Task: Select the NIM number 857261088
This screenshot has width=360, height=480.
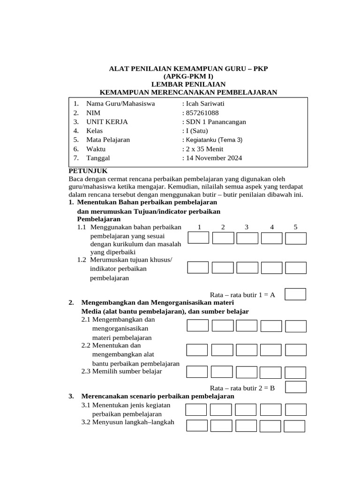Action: tap(202, 113)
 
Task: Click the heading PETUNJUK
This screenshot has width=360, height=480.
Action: tap(88, 171)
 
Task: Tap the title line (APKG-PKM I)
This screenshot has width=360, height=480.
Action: tap(188, 76)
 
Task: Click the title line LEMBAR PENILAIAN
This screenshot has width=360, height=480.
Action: tap(188, 84)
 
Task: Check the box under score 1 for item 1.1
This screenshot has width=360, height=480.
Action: tap(198, 238)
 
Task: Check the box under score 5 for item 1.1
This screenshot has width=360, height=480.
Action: tap(296, 238)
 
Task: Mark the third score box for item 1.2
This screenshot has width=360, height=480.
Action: tap(247, 268)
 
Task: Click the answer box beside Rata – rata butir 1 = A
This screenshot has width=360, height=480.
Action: tap(295, 294)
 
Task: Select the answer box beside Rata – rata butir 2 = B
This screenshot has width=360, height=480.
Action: tap(296, 387)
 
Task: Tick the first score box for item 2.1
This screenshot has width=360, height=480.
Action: tap(197, 326)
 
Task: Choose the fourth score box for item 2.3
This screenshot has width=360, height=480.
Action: tap(271, 372)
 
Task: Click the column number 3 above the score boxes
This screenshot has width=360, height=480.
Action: tap(246, 227)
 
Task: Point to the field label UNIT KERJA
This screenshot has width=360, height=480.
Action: tap(107, 122)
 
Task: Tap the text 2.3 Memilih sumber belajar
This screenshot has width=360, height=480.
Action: tap(121, 371)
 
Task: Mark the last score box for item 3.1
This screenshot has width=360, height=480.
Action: tap(295, 410)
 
